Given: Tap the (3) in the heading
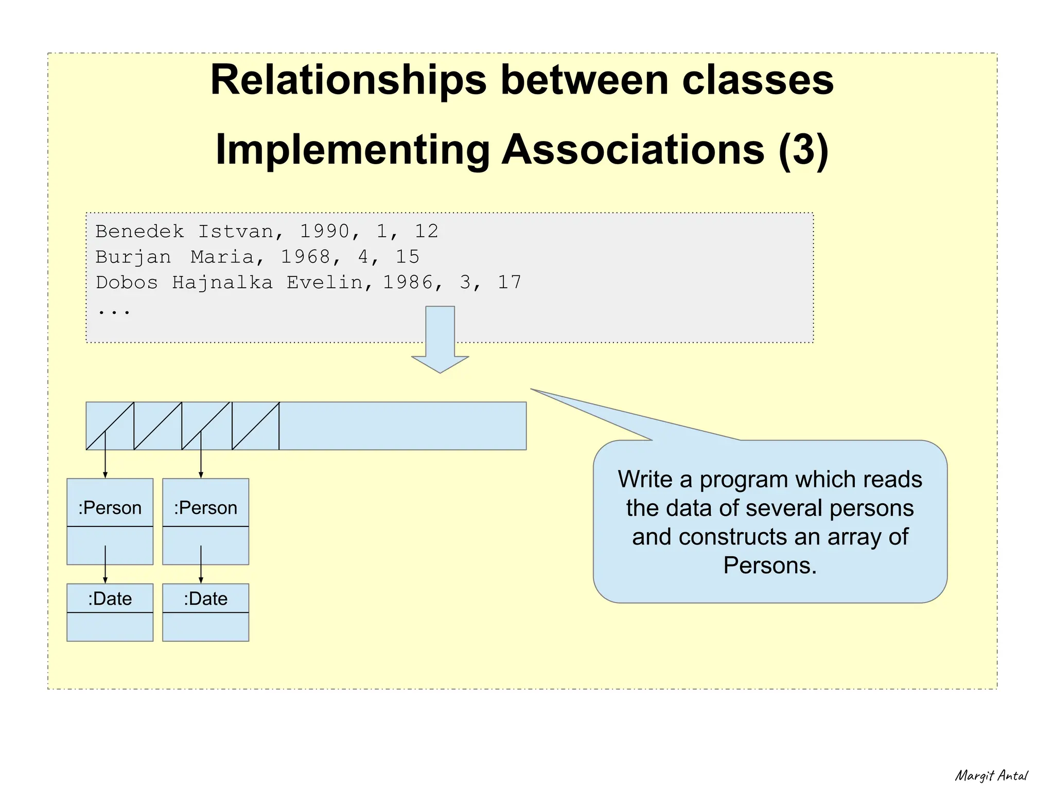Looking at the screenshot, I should point(803,150).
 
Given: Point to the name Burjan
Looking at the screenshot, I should point(133,257).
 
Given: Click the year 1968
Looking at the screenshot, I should point(306,257).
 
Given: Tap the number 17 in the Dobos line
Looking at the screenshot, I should point(510,283).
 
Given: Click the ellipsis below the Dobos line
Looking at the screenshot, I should point(114,311).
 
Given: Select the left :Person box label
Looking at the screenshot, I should point(110,508).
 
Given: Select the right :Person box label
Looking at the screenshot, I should point(205,508).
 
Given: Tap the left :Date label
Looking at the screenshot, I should point(110,599).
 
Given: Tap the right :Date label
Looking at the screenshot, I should point(205,599).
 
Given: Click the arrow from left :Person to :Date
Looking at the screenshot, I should point(106,564).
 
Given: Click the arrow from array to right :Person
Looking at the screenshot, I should point(201,455).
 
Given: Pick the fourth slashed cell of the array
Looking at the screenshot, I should point(255,426).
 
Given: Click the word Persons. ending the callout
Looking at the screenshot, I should point(769,566).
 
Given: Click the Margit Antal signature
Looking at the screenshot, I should point(991,776).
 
